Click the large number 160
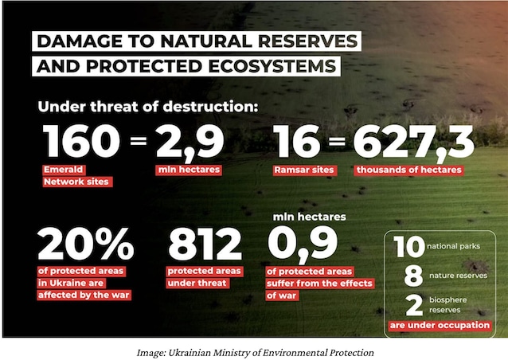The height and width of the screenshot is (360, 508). click(x=81, y=142)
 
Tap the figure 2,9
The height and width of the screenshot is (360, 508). click(x=190, y=143)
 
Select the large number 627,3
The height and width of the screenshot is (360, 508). click(x=414, y=143)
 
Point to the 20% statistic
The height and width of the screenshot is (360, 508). click(x=86, y=244)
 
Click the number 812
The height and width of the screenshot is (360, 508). click(x=205, y=244)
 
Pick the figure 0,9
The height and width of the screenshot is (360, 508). click(x=303, y=245)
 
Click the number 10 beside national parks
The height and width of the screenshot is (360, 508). click(x=409, y=247)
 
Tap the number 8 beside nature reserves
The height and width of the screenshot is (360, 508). click(x=413, y=276)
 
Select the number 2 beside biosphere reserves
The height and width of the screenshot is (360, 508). click(x=414, y=305)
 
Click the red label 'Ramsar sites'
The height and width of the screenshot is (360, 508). click(x=304, y=170)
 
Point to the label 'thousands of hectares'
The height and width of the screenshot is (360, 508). click(x=408, y=170)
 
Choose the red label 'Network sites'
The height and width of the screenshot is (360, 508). click(x=77, y=182)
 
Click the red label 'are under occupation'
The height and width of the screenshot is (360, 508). click(x=440, y=325)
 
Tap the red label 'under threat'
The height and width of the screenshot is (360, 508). click(x=198, y=283)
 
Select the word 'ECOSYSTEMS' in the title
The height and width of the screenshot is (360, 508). click(x=272, y=66)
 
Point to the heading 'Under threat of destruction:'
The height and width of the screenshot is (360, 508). click(x=148, y=107)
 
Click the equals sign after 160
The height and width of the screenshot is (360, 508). click(x=139, y=141)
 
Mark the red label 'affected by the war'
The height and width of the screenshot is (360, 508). click(x=84, y=295)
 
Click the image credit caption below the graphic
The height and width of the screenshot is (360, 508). click(x=256, y=353)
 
